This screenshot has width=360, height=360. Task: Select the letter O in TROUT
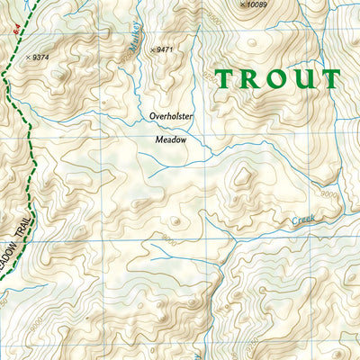(273, 80)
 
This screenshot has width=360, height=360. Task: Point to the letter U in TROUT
(302, 80)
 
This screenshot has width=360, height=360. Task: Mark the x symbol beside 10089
(242, 5)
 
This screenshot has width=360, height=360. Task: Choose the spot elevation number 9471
(165, 49)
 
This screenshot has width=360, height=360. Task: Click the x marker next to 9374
(29, 57)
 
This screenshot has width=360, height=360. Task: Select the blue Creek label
(303, 220)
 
